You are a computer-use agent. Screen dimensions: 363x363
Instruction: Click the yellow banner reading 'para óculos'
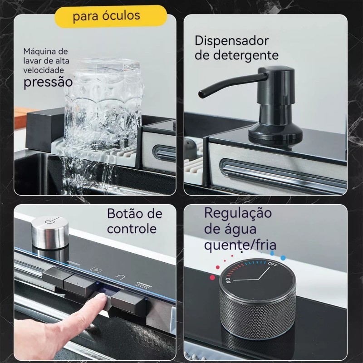111,16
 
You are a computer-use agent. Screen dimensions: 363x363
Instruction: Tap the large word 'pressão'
48,82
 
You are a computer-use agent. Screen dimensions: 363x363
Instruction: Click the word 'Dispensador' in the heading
231,41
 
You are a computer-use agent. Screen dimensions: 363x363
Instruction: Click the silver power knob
50,232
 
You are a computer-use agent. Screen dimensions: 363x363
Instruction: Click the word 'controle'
132,229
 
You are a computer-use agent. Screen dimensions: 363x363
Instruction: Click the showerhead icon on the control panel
143,285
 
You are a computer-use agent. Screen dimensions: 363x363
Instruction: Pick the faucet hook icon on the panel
120,277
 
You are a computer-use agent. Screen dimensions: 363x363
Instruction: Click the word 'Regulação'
238,213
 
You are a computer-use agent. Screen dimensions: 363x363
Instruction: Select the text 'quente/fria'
240,245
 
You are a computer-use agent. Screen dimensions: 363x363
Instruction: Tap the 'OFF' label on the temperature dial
273,264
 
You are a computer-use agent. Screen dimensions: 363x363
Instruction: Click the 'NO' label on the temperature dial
228,280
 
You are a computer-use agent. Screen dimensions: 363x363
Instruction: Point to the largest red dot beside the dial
212,277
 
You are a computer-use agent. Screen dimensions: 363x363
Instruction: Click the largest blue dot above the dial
283,258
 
